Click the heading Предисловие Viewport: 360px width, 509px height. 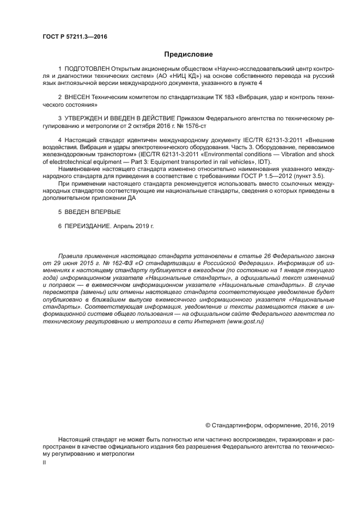click(x=188, y=54)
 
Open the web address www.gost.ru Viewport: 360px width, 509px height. click(x=244, y=322)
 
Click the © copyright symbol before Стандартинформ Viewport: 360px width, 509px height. click(x=208, y=425)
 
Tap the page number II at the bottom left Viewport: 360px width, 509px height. click(x=45, y=462)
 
